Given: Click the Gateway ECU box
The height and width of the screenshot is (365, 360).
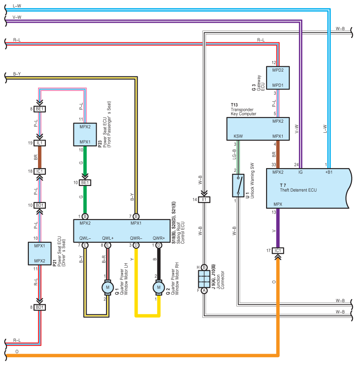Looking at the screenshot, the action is pos(278,78).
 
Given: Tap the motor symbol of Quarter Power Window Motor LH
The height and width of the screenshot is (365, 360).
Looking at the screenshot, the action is pos(107,287).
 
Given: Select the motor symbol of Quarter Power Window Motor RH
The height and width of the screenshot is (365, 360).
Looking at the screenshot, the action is pos(159,287).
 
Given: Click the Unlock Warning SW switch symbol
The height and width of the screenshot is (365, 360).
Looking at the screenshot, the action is pos(238,186).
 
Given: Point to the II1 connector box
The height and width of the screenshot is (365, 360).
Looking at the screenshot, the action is pos(204,200).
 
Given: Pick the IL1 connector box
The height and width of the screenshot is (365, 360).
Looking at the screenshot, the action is pos(40,143).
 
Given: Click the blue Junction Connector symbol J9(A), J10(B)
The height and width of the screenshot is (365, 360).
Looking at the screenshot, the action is pos(204,279).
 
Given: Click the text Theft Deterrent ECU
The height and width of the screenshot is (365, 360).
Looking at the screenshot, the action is pos(298,190).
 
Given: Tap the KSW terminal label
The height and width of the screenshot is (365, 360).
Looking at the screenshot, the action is pos(238,136).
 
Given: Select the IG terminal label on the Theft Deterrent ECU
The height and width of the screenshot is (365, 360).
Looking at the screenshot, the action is pos(301,172).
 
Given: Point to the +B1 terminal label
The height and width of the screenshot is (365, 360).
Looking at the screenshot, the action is pos(329,172).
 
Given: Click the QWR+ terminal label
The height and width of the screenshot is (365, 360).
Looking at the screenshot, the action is pos(159,238).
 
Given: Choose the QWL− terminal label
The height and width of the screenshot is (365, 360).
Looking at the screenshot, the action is pos(85,238).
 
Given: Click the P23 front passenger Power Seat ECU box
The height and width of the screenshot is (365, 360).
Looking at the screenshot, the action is pos(85,134).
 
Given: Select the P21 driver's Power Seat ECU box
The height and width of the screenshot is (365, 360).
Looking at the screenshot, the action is pos(40,254).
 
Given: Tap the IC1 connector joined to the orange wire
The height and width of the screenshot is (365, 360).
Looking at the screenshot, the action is pos(278,251).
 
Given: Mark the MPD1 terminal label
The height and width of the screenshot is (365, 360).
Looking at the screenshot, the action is pos(278,85).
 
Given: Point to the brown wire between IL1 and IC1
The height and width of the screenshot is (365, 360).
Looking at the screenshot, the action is pos(40,157).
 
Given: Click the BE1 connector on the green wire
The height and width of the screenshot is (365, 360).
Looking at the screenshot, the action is pos(85,183).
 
